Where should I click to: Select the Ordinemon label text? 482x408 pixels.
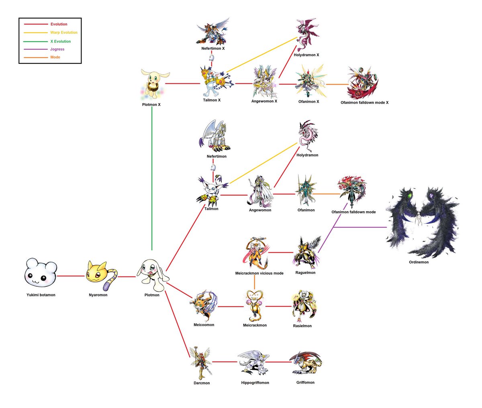pyautogui.click(x=419, y=262)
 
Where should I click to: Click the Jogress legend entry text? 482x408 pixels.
pyautogui.click(x=57, y=49)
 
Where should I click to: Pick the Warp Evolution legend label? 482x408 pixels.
pyautogui.click(x=63, y=33)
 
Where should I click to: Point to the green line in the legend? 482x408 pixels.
pyautogui.click(x=36, y=41)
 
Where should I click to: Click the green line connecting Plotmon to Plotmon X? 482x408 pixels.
pyautogui.click(x=152, y=181)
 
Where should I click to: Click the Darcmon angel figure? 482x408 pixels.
pyautogui.click(x=201, y=363)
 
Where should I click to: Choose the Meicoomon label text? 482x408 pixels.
pyautogui.click(x=204, y=325)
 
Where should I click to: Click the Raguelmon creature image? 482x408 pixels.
pyautogui.click(x=307, y=253)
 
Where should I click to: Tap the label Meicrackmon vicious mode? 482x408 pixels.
pyautogui.click(x=259, y=273)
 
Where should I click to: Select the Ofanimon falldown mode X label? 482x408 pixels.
pyautogui.click(x=364, y=102)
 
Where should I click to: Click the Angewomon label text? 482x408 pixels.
pyautogui.click(x=260, y=210)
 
